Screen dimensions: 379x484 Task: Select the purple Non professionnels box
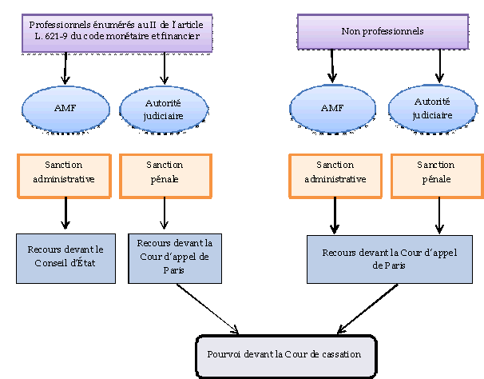382,33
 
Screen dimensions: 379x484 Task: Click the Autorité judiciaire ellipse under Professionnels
164,109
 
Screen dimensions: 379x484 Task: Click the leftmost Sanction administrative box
64,176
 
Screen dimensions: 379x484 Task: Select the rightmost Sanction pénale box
436,176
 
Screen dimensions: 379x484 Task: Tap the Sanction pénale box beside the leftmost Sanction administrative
165,176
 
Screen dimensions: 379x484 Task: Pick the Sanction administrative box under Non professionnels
335,176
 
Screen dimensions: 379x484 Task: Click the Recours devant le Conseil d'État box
66,257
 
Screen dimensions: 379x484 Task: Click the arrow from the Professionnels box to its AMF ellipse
65,70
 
